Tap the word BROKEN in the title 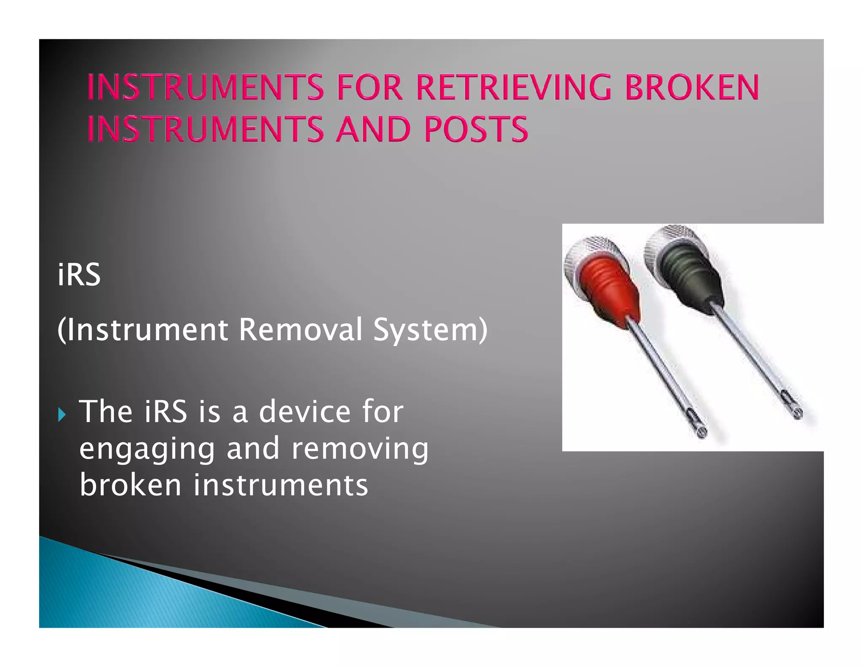[692, 87]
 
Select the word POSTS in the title [476, 129]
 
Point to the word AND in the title [373, 129]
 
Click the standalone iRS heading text [79, 275]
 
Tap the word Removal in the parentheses [300, 329]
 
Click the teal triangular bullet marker [62, 414]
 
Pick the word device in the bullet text [304, 411]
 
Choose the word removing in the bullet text [360, 448]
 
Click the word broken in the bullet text [130, 485]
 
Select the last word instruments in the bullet [281, 485]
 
